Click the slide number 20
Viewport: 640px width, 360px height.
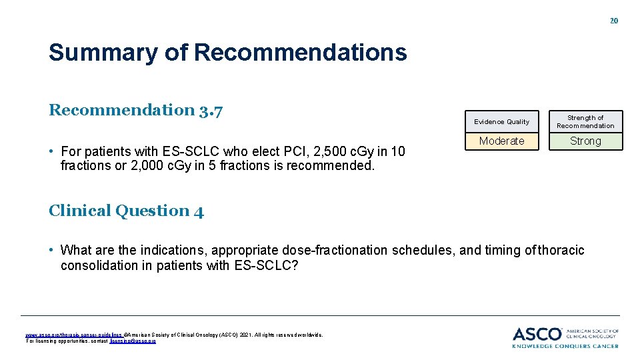coord(614,21)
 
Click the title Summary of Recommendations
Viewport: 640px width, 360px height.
coord(227,52)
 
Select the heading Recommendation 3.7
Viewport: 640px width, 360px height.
coord(135,110)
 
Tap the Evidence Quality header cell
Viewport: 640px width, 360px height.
coord(501,121)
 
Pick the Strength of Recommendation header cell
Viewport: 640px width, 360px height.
coord(585,121)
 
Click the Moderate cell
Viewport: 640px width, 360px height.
coord(501,141)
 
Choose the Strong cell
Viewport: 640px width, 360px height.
coord(585,141)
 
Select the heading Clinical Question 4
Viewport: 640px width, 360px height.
coord(126,211)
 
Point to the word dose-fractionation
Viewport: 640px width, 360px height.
coord(335,250)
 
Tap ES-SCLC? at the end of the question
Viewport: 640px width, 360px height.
coord(266,265)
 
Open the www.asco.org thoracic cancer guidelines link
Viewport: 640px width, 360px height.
coord(74,335)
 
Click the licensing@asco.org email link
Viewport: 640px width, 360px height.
coord(133,341)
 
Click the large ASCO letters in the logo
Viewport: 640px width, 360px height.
coord(537,333)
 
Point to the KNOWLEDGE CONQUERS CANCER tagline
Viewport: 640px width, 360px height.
coord(565,345)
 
